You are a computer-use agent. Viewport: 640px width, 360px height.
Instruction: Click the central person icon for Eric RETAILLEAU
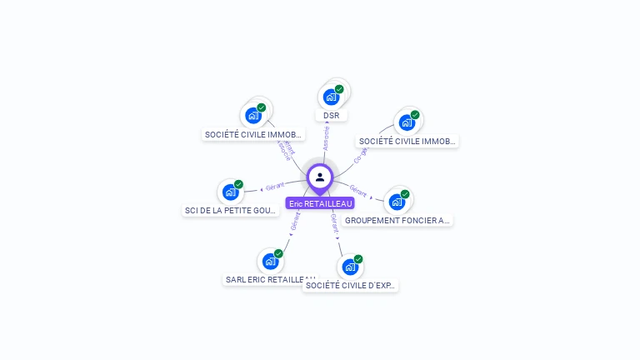pyautogui.click(x=320, y=177)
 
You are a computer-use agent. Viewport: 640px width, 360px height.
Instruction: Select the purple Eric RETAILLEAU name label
pyautogui.click(x=320, y=203)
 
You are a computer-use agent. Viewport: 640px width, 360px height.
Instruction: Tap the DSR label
pyautogui.click(x=332, y=115)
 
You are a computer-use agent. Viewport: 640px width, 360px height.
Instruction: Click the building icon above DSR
pyautogui.click(x=331, y=97)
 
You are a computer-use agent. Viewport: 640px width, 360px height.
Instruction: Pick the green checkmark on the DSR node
pyautogui.click(x=339, y=89)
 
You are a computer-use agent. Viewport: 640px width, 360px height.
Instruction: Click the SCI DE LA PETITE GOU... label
pyautogui.click(x=231, y=211)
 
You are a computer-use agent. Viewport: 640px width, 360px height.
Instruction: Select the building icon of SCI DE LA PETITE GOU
pyautogui.click(x=230, y=192)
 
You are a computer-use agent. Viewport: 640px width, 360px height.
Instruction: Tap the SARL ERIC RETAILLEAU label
pyautogui.click(x=270, y=280)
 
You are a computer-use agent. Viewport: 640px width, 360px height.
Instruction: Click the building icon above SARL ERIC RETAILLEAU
pyautogui.click(x=270, y=262)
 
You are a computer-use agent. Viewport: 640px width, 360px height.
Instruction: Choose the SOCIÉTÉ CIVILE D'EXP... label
pyautogui.click(x=351, y=285)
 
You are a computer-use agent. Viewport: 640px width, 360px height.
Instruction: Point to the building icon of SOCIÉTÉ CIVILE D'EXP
pyautogui.click(x=349, y=267)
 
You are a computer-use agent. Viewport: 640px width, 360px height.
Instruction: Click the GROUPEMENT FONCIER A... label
pyautogui.click(x=397, y=221)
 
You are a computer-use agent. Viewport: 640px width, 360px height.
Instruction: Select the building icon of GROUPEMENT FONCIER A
pyautogui.click(x=397, y=202)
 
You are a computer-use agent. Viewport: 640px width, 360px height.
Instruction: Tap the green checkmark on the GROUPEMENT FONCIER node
pyautogui.click(x=405, y=194)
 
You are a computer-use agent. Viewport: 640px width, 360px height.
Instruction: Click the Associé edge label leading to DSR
pyautogui.click(x=326, y=137)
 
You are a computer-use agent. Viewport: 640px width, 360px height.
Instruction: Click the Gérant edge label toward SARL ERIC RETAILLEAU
pyautogui.click(x=295, y=221)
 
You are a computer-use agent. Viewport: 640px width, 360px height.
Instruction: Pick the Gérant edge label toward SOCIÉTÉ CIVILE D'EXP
pyautogui.click(x=334, y=221)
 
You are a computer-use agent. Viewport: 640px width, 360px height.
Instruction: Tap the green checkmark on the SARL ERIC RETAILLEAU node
pyautogui.click(x=278, y=253)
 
